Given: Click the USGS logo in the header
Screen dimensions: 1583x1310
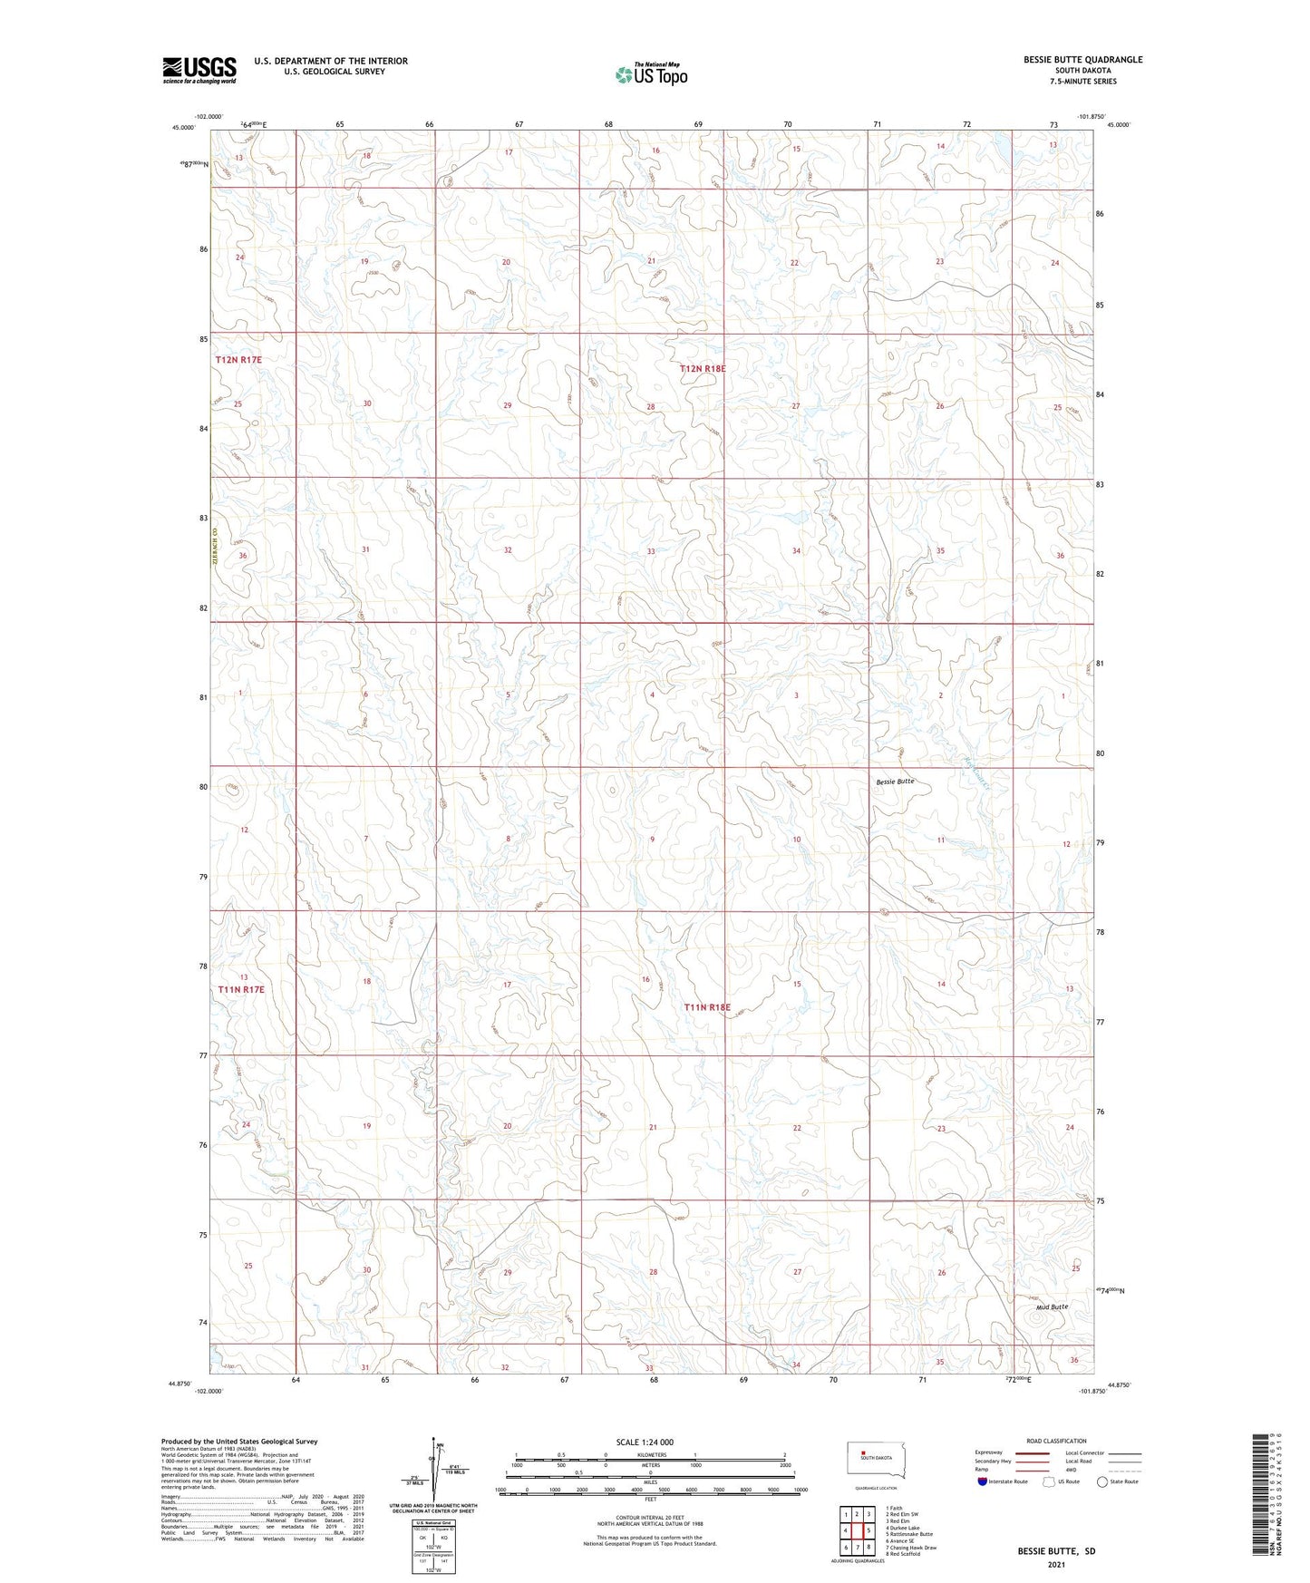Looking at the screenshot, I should coord(199,70).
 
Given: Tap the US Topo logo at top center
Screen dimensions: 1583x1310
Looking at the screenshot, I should coord(650,74).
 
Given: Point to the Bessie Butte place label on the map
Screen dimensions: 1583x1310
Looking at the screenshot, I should coord(895,782).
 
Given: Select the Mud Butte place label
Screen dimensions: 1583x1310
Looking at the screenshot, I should coord(1052,1306).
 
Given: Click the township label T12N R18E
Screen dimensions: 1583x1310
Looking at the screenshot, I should coord(704,369).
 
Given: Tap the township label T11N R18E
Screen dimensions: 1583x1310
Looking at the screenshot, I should coord(706,1007).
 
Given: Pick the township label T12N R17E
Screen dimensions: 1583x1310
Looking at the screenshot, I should coord(238,360).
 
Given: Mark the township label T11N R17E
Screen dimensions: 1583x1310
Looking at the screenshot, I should coord(240,989).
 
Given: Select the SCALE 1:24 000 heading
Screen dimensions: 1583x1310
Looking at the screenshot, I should coord(644,1442).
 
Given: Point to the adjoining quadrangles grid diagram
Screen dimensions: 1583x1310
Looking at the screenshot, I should coord(857,1531).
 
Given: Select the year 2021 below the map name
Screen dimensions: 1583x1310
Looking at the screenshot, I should coord(1055,1565).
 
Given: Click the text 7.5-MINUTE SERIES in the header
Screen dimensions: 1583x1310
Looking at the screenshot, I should coord(1083,82).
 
